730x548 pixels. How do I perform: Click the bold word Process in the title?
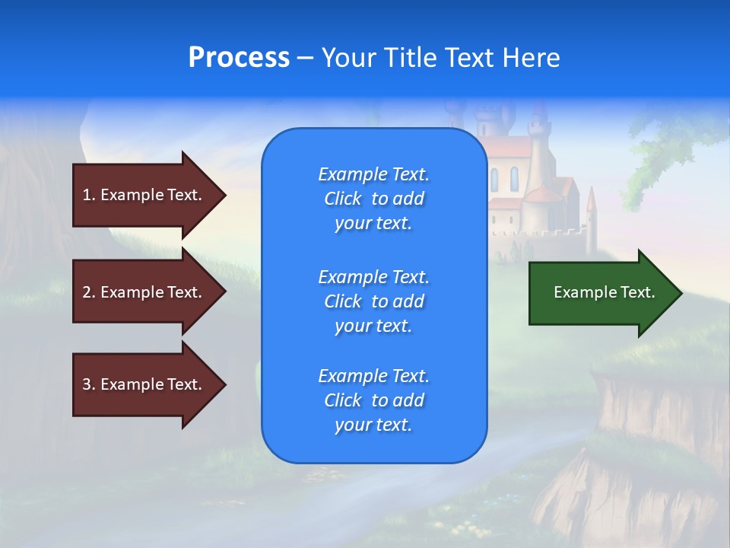pos(239,58)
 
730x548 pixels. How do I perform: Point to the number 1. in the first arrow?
pos(89,195)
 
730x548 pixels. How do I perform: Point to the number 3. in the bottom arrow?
pos(89,384)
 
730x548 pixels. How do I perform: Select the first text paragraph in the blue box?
pos(373,199)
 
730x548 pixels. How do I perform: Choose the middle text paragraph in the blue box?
pos(373,301)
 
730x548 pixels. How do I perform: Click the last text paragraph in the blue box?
pos(373,400)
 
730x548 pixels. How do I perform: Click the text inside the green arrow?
pos(605,292)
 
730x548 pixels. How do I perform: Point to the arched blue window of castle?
pos(514,180)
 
